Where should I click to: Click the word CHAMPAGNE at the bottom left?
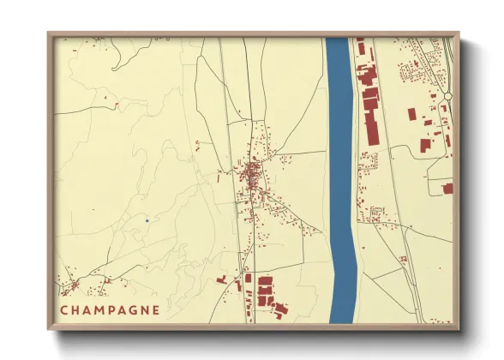click(110, 308)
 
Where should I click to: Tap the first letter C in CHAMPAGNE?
click(64, 308)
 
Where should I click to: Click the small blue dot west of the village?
click(147, 220)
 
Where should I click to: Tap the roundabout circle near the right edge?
click(447, 98)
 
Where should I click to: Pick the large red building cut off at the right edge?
click(447, 188)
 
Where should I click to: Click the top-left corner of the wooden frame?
click(49, 34)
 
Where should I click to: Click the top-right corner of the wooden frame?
click(458, 34)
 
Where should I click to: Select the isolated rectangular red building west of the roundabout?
click(412, 113)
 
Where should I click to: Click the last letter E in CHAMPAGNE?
click(155, 308)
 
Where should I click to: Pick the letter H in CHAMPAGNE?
click(75, 308)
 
